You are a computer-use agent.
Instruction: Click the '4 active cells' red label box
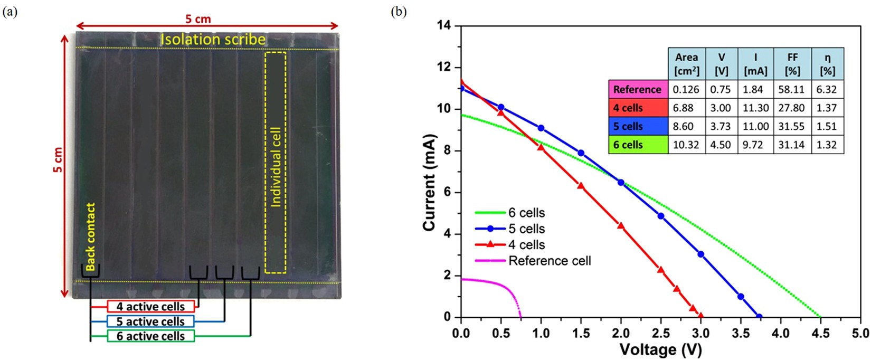click(150, 307)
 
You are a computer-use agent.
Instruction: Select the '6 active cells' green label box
click(150, 336)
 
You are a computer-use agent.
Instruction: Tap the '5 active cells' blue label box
click(150, 321)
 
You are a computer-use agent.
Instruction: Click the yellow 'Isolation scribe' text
click(213, 40)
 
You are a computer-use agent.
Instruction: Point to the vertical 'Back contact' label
click(91, 237)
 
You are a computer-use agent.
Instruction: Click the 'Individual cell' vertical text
click(276, 167)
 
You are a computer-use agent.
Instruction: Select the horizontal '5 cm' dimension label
click(198, 20)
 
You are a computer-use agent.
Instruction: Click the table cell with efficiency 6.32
click(827, 89)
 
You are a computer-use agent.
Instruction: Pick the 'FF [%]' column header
click(792, 64)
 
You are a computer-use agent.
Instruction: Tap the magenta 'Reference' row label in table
click(638, 89)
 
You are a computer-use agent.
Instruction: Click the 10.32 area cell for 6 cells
click(686, 145)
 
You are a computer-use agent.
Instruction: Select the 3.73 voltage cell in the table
click(721, 126)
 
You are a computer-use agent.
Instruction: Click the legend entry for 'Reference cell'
click(549, 261)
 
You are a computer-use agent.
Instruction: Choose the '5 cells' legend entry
click(526, 229)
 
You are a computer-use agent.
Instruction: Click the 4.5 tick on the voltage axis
click(820, 333)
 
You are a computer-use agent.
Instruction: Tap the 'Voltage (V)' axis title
click(660, 349)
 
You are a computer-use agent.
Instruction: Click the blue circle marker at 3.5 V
click(741, 297)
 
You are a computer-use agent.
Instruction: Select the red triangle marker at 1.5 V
click(581, 185)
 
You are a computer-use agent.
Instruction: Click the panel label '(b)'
click(398, 12)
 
